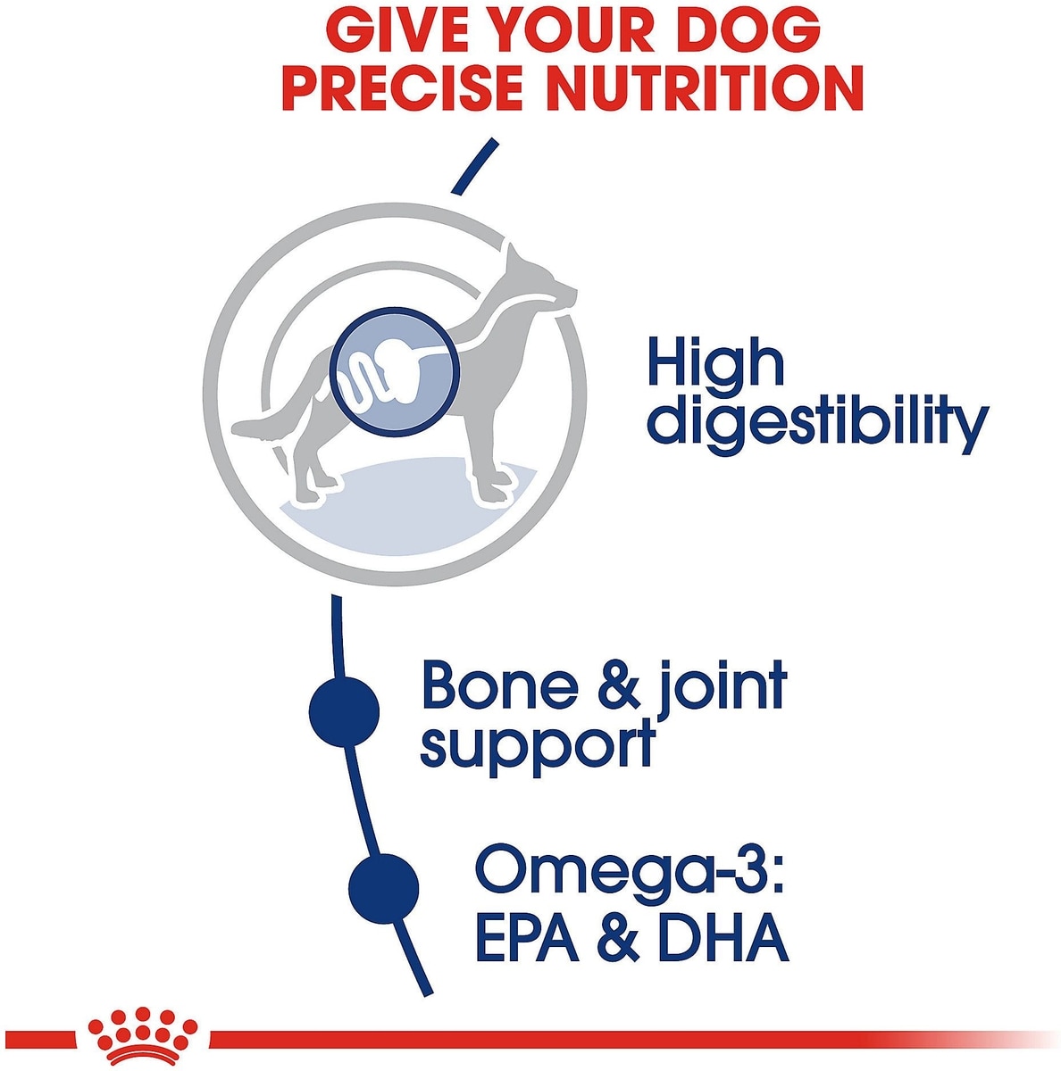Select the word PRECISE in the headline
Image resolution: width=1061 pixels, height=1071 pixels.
pos(402,88)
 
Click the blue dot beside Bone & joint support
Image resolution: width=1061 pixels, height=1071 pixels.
pos(344,710)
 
